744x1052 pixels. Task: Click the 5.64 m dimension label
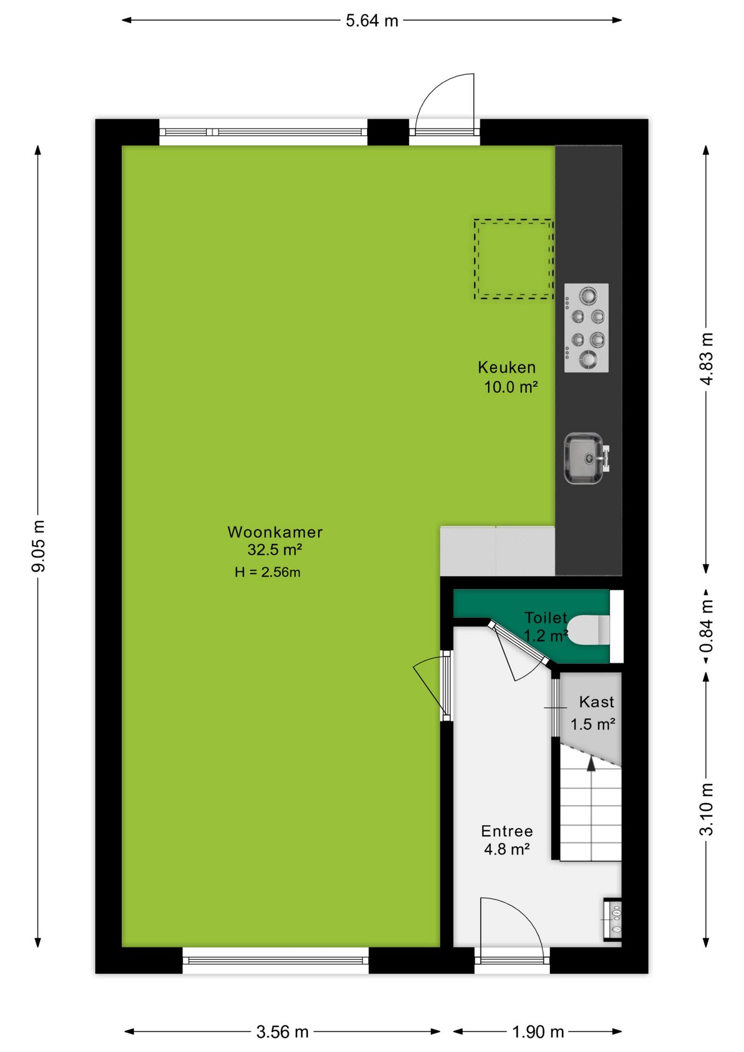click(371, 21)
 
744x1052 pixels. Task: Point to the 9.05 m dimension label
click(38, 546)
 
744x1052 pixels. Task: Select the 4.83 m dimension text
click(707, 359)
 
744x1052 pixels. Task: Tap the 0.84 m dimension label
click(707, 626)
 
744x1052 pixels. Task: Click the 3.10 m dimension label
click(707, 809)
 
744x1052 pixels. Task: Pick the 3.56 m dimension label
click(282, 1032)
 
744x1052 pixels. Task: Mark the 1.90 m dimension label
click(537, 1032)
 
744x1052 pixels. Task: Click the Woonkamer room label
click(275, 532)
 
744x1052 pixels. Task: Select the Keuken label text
click(507, 367)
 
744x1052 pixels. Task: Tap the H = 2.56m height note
click(267, 572)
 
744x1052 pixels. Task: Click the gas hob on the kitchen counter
click(586, 328)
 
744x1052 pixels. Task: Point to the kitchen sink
click(585, 459)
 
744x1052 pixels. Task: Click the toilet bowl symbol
click(588, 630)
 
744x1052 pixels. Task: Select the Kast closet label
click(597, 702)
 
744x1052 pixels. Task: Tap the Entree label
click(507, 831)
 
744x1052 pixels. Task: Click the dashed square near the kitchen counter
click(514, 259)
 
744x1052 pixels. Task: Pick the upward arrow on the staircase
click(591, 765)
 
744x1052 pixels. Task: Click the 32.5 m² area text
click(274, 550)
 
